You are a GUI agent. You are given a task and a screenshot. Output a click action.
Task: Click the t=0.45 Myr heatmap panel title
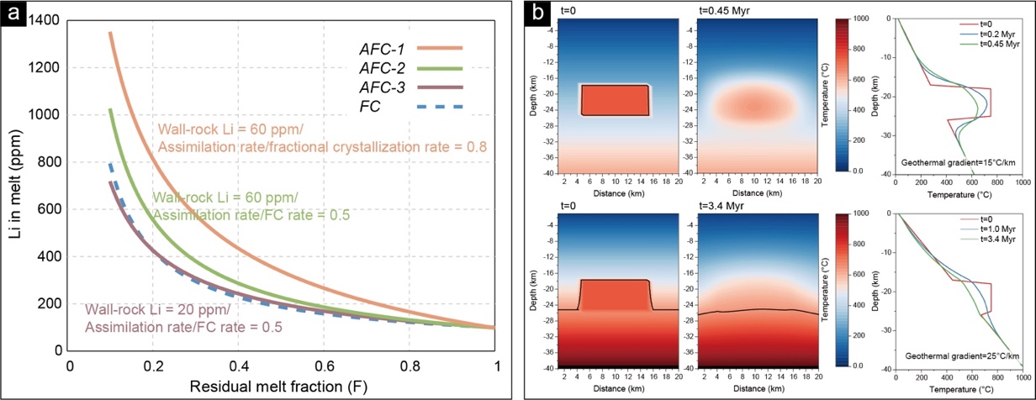point(727,11)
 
